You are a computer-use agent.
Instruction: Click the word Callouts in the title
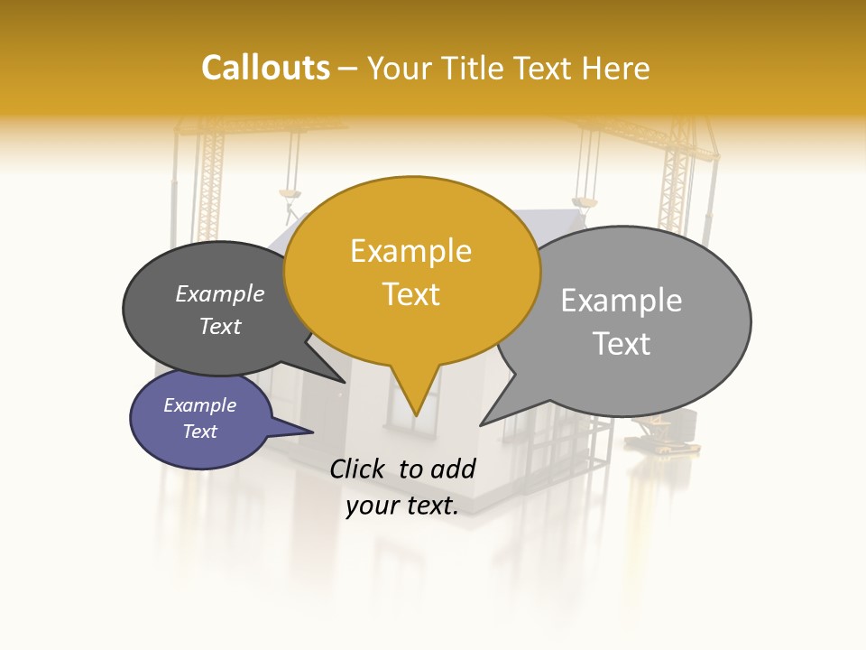pyautogui.click(x=265, y=68)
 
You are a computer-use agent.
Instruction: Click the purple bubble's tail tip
pyautogui.click(x=312, y=432)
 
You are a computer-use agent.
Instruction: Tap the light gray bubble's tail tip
pyautogui.click(x=481, y=424)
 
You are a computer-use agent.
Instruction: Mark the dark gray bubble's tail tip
pyautogui.click(x=344, y=382)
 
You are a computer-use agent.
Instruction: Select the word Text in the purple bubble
pyautogui.click(x=200, y=432)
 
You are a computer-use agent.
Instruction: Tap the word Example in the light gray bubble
pyautogui.click(x=622, y=301)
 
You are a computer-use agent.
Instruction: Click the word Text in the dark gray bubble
pyautogui.click(x=220, y=327)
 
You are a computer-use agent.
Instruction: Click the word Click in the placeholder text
pyautogui.click(x=358, y=469)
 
